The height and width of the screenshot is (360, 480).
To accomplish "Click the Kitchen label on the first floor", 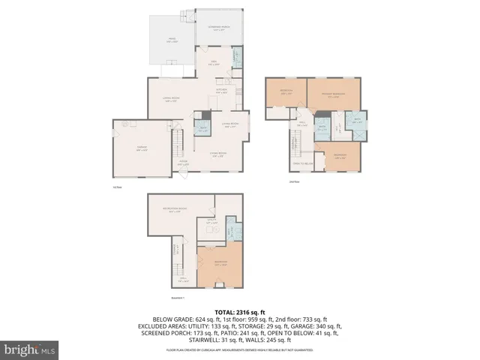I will tap(221, 91).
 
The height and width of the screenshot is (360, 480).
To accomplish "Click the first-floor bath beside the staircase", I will tap(202, 127).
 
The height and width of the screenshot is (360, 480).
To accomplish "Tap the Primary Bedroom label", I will tap(332, 95).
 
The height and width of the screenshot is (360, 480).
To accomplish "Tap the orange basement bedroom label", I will tap(220, 263).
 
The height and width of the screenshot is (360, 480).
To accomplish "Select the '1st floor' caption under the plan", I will tap(116, 187).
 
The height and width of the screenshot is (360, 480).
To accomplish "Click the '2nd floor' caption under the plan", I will tap(294, 181).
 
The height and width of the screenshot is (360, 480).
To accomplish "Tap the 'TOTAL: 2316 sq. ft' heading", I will tap(240, 312).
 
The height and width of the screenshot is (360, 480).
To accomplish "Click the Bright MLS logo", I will tap(30, 349).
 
